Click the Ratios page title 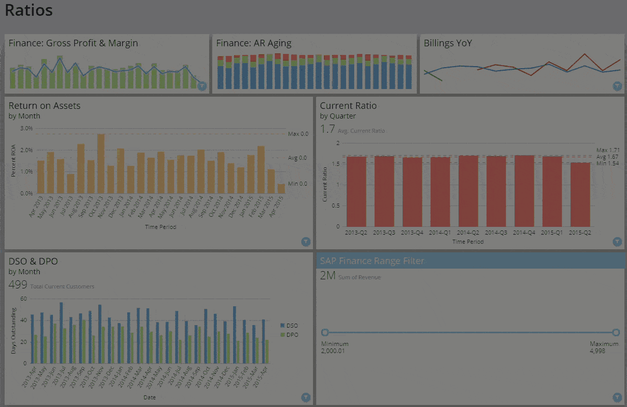coord(29,10)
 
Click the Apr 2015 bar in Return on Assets coord(281,189)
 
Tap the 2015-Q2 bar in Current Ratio coord(579,194)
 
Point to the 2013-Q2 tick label coord(356,232)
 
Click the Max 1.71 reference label coord(608,150)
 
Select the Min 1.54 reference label coord(608,163)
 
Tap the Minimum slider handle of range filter coord(325,333)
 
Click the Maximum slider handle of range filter coord(616,333)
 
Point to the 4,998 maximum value coord(597,351)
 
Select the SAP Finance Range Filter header coord(372,261)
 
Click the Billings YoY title coord(447,43)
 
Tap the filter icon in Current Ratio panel coord(617,242)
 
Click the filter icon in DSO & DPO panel coord(305,397)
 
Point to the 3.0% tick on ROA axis coord(26,129)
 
